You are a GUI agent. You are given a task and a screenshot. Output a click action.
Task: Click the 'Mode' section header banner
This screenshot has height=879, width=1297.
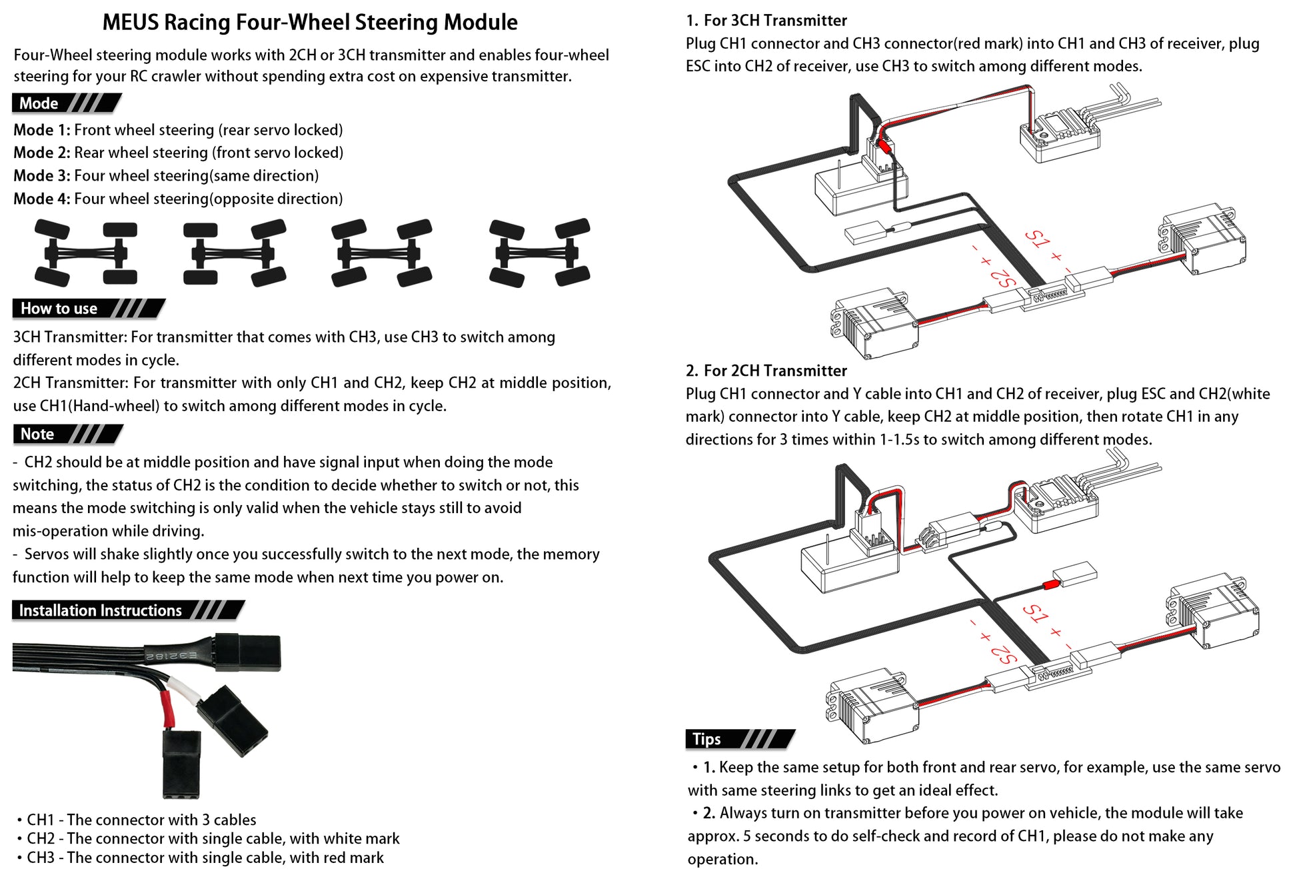coord(65,103)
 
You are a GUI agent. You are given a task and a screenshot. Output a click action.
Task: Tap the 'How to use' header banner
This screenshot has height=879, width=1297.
coord(87,309)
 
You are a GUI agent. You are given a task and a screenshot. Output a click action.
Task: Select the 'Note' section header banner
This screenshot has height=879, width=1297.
coord(67,435)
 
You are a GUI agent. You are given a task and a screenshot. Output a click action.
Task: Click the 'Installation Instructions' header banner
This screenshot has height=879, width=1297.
coord(127,610)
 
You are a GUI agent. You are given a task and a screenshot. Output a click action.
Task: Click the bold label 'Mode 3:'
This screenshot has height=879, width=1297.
coord(41,176)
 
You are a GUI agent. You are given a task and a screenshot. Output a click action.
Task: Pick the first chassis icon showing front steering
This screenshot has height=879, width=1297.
coord(85,253)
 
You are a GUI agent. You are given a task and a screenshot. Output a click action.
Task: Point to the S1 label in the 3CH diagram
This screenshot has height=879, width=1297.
coord(1037,239)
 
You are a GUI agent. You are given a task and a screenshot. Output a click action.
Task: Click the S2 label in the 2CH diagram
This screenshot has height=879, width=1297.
coord(1003,653)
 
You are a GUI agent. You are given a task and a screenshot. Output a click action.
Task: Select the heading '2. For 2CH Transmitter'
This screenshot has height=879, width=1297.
coord(766,371)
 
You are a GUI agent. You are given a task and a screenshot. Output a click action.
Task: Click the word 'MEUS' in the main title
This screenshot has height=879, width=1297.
coord(129,23)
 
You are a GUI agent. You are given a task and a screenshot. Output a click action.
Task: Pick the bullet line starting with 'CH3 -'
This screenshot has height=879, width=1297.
coord(204,858)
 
